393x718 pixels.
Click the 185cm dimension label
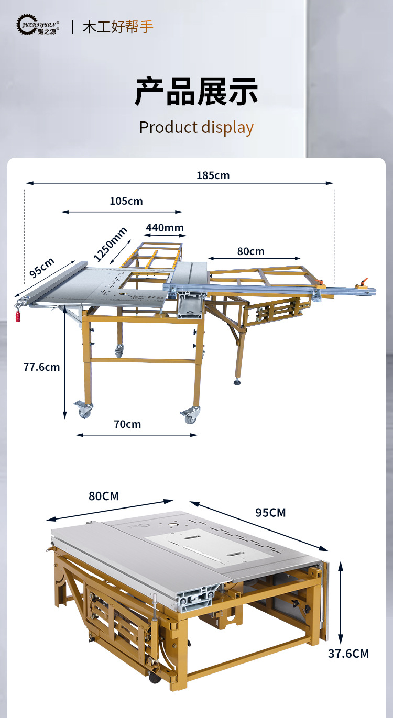[213, 175]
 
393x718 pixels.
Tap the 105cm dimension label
[126, 201]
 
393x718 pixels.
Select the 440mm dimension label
[165, 228]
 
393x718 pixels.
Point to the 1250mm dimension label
[110, 244]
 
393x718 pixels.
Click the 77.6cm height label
[41, 367]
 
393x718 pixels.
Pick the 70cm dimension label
[127, 424]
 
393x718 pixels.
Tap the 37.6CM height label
[348, 654]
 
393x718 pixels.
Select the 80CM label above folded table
[104, 496]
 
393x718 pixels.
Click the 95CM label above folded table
[270, 513]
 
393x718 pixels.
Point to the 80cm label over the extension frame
[251, 251]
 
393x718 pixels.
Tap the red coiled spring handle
[18, 316]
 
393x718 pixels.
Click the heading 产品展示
[196, 92]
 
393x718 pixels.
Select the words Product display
[196, 128]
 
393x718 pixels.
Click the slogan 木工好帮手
[118, 27]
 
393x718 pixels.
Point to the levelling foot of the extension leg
[237, 381]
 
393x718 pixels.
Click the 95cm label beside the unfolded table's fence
[42, 267]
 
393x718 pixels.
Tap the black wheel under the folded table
[155, 679]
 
